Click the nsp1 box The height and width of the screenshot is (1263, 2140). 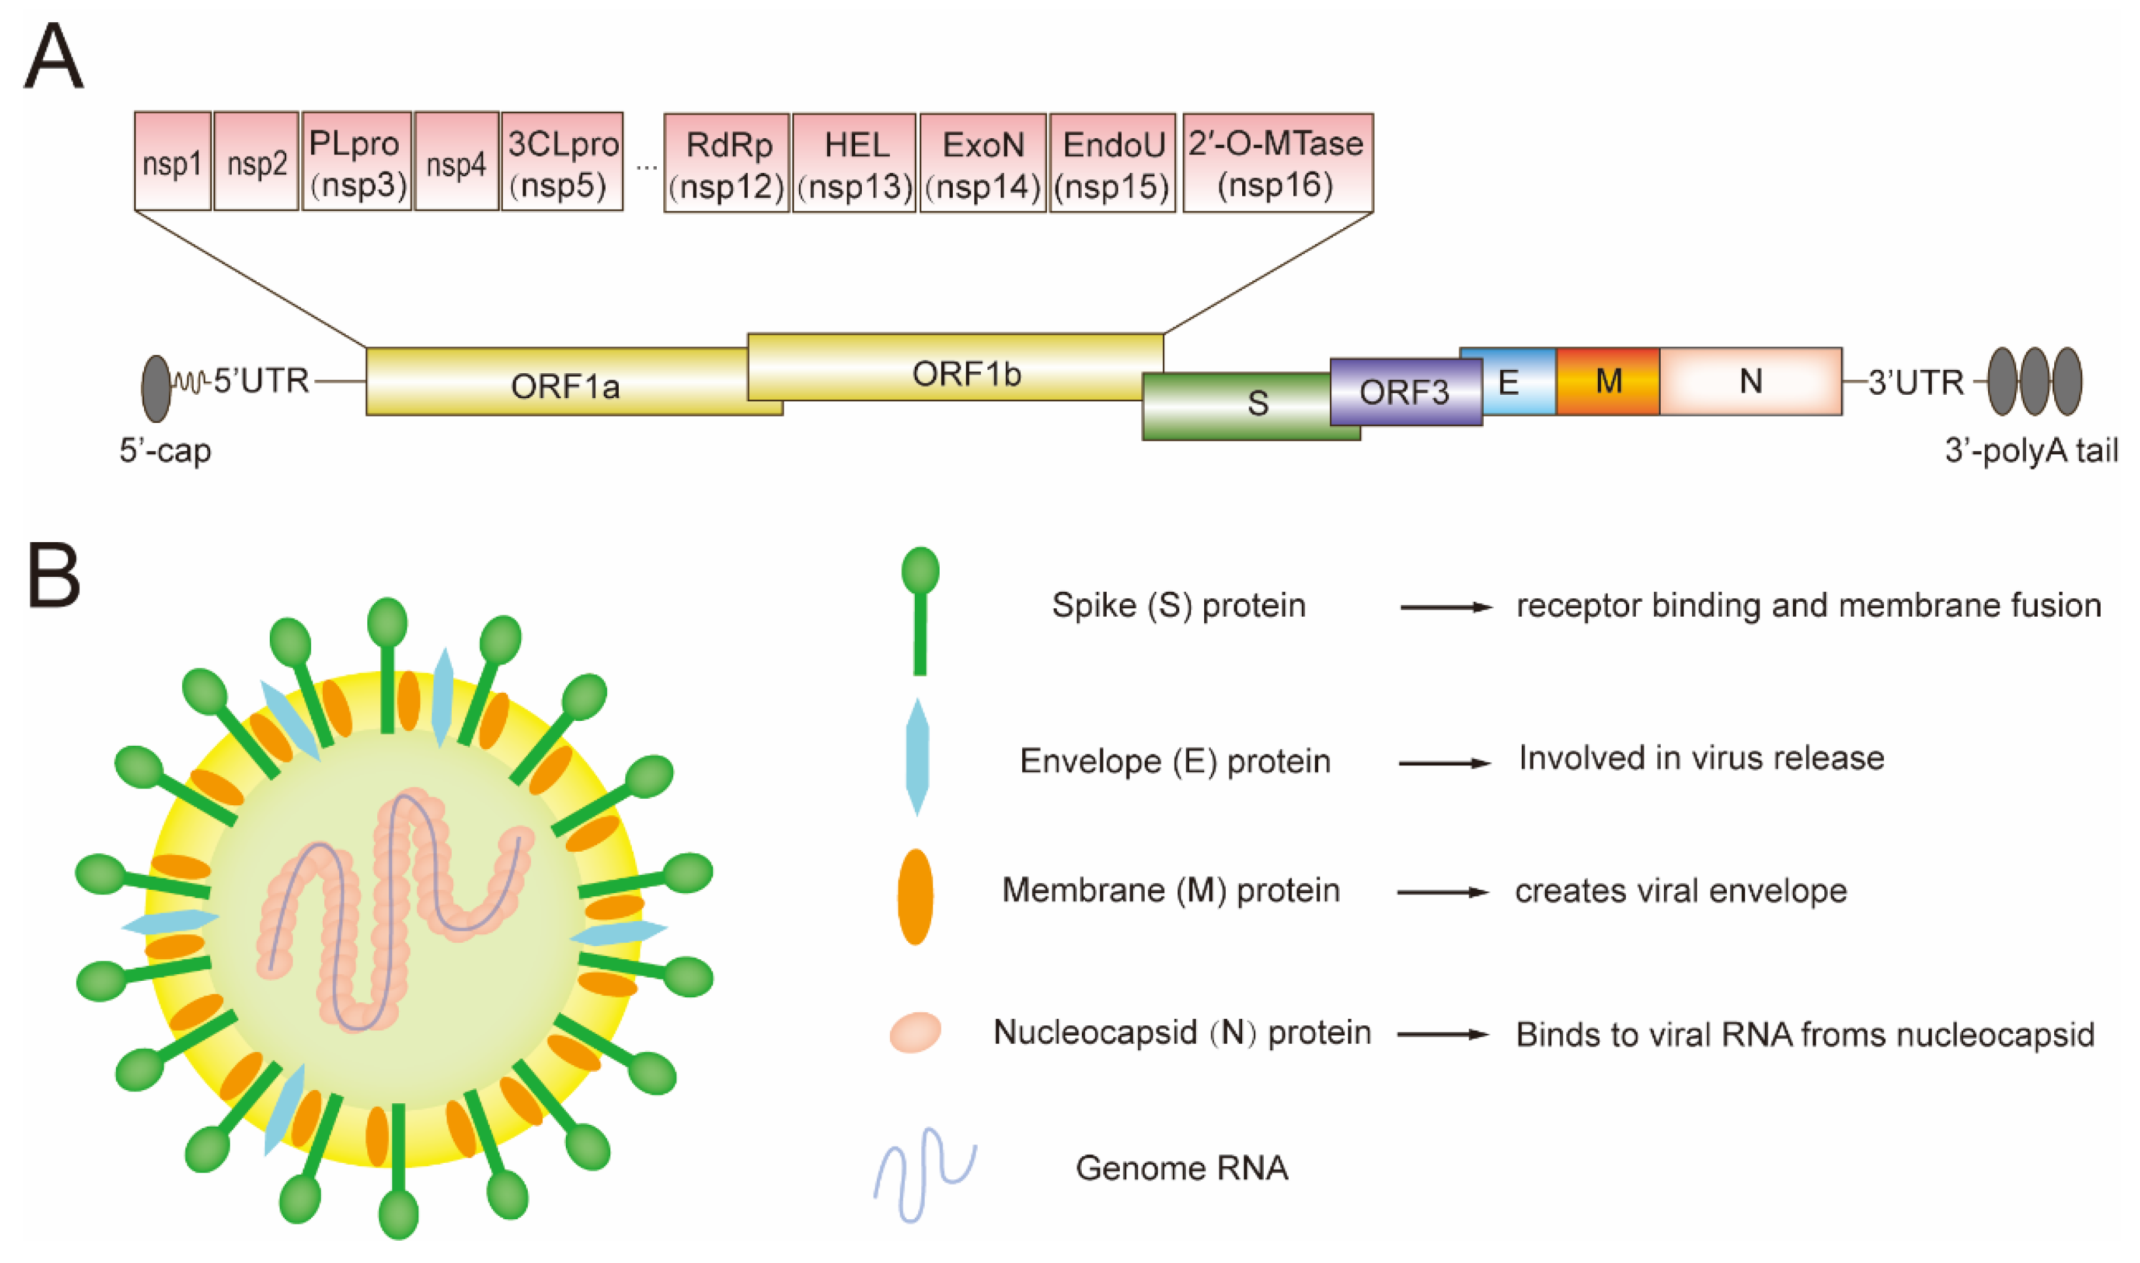[x=172, y=161]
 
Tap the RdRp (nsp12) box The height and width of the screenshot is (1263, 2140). [x=727, y=162]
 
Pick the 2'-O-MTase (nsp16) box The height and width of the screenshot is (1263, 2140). [x=1277, y=162]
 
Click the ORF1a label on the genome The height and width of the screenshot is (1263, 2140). [x=564, y=387]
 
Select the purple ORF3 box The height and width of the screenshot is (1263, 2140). [x=1405, y=392]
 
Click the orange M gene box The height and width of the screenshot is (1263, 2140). [x=1607, y=381]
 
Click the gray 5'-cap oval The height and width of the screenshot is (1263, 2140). [x=156, y=388]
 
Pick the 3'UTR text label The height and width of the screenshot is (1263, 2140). [x=1916, y=382]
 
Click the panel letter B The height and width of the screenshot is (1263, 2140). [x=54, y=576]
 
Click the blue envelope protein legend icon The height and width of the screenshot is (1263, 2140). [x=917, y=757]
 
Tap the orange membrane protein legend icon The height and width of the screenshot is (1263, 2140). [x=915, y=896]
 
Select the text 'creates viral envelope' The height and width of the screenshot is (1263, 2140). [x=1680, y=891]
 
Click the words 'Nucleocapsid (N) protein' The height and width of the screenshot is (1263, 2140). [x=1181, y=1033]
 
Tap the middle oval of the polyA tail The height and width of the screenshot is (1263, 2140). [x=2034, y=381]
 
